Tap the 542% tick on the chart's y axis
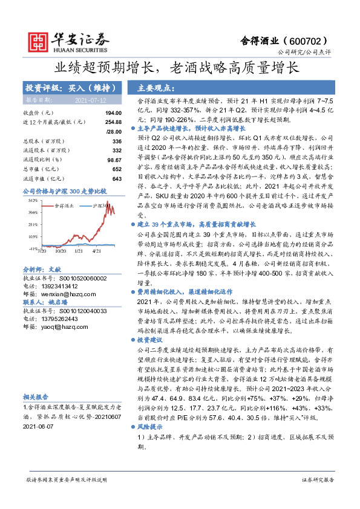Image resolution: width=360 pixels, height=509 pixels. [x=33, y=200]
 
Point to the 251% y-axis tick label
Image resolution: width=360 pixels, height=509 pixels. [x=33, y=224]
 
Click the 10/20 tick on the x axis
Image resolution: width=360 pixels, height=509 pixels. [x=61, y=251]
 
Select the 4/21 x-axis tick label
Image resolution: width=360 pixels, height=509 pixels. [x=96, y=251]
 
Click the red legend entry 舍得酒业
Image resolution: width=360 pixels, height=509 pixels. [x=63, y=206]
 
